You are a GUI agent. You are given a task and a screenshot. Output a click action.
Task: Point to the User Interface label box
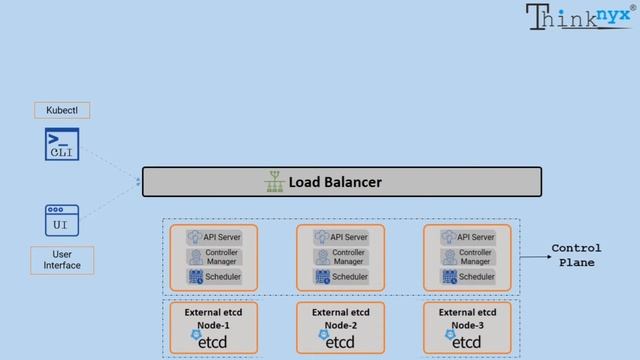pyautogui.click(x=62, y=260)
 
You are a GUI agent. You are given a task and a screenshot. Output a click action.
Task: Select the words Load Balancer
pyautogui.click(x=335, y=183)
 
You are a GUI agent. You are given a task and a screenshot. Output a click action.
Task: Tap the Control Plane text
pyautogui.click(x=576, y=255)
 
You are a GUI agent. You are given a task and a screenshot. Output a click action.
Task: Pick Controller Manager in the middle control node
pyautogui.click(x=340, y=257)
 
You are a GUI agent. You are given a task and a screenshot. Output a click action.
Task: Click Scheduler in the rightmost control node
pyautogui.click(x=467, y=277)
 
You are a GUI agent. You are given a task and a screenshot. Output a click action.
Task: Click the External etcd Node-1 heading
pyautogui.click(x=212, y=318)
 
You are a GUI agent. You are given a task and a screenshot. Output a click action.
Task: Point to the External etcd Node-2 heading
pyautogui.click(x=339, y=318)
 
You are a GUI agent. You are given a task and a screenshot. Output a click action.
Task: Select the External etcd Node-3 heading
pyautogui.click(x=466, y=318)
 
